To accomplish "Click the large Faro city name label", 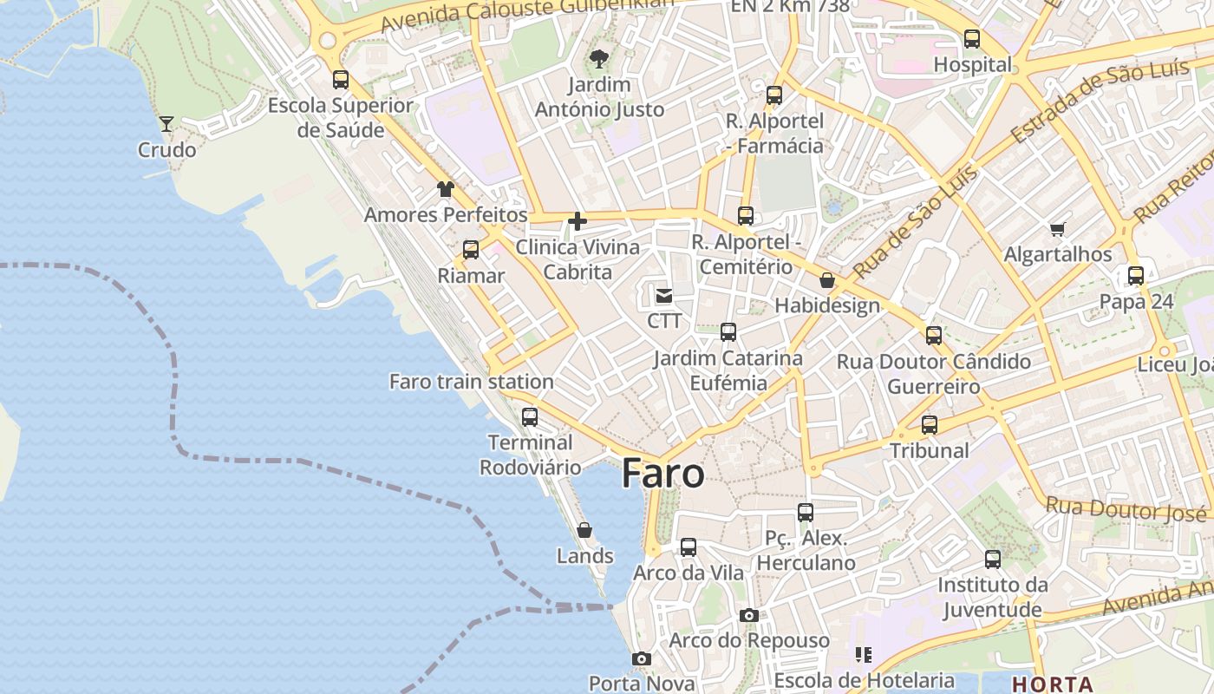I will pos(663,474).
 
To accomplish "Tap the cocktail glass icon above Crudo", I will pos(166,123).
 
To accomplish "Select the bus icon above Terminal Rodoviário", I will pos(530,416).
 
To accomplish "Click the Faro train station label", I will pos(471,382).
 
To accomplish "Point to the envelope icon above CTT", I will pos(664,296).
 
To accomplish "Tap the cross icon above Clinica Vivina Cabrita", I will pos(577,221).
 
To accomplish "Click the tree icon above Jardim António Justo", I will pos(598,59).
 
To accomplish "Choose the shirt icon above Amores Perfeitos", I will pos(446,189).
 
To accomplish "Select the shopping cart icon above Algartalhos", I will pos(1057,229).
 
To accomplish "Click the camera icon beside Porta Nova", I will pos(642,659).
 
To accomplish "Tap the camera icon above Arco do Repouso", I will pos(749,615).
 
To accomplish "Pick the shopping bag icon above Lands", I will pos(584,530).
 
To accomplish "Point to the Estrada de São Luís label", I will pos(1099,103).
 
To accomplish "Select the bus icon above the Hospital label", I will pos(972,39).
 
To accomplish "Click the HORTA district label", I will pos(1052,684).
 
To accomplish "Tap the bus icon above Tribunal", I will pos(930,425).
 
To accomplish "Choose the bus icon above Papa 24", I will pos(1136,276).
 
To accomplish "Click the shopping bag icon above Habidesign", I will pos(827,280).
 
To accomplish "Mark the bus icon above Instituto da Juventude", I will pos(993,560).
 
